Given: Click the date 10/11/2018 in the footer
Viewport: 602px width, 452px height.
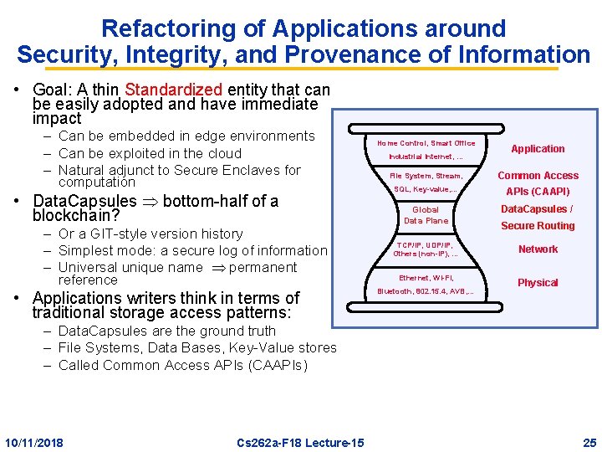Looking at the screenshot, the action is tap(34, 442).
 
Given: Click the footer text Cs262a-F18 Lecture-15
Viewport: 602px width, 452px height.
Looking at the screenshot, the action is tap(300, 442).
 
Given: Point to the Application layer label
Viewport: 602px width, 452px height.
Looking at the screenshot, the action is tap(538, 149).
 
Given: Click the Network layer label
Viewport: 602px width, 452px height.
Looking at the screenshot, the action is tap(538, 249).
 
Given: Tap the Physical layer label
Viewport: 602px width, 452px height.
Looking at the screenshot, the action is tap(538, 283).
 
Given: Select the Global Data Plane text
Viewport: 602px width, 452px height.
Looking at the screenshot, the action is tap(426, 215).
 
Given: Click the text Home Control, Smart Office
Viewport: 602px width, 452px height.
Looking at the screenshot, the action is tap(426, 143).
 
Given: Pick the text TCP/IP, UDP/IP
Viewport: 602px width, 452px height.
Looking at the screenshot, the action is tap(426, 244).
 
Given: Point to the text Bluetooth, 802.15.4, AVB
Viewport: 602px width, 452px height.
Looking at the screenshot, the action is tap(426, 291).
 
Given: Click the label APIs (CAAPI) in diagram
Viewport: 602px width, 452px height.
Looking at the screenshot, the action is tap(538, 192).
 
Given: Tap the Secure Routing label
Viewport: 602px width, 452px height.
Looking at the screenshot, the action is tap(538, 226).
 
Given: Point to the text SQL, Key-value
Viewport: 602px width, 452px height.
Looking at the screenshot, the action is tap(426, 189).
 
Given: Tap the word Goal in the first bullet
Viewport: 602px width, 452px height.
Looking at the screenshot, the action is tap(51, 90).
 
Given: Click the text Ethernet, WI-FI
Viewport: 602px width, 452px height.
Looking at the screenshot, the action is tap(426, 277).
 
